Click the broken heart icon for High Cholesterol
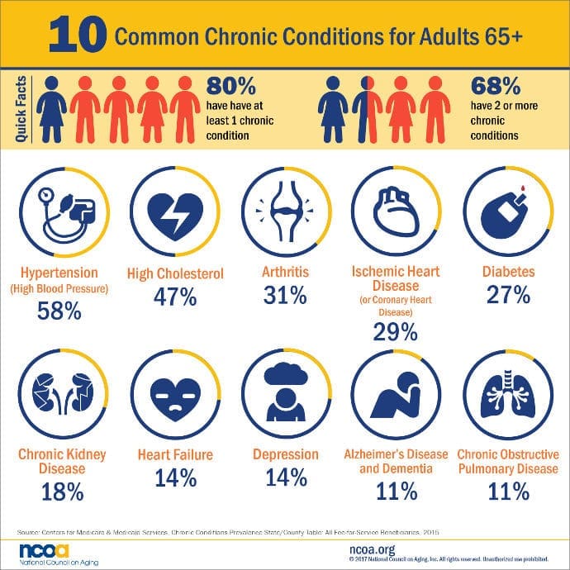[x=174, y=213]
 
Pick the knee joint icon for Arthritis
[x=283, y=213]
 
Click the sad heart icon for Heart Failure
[x=174, y=393]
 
